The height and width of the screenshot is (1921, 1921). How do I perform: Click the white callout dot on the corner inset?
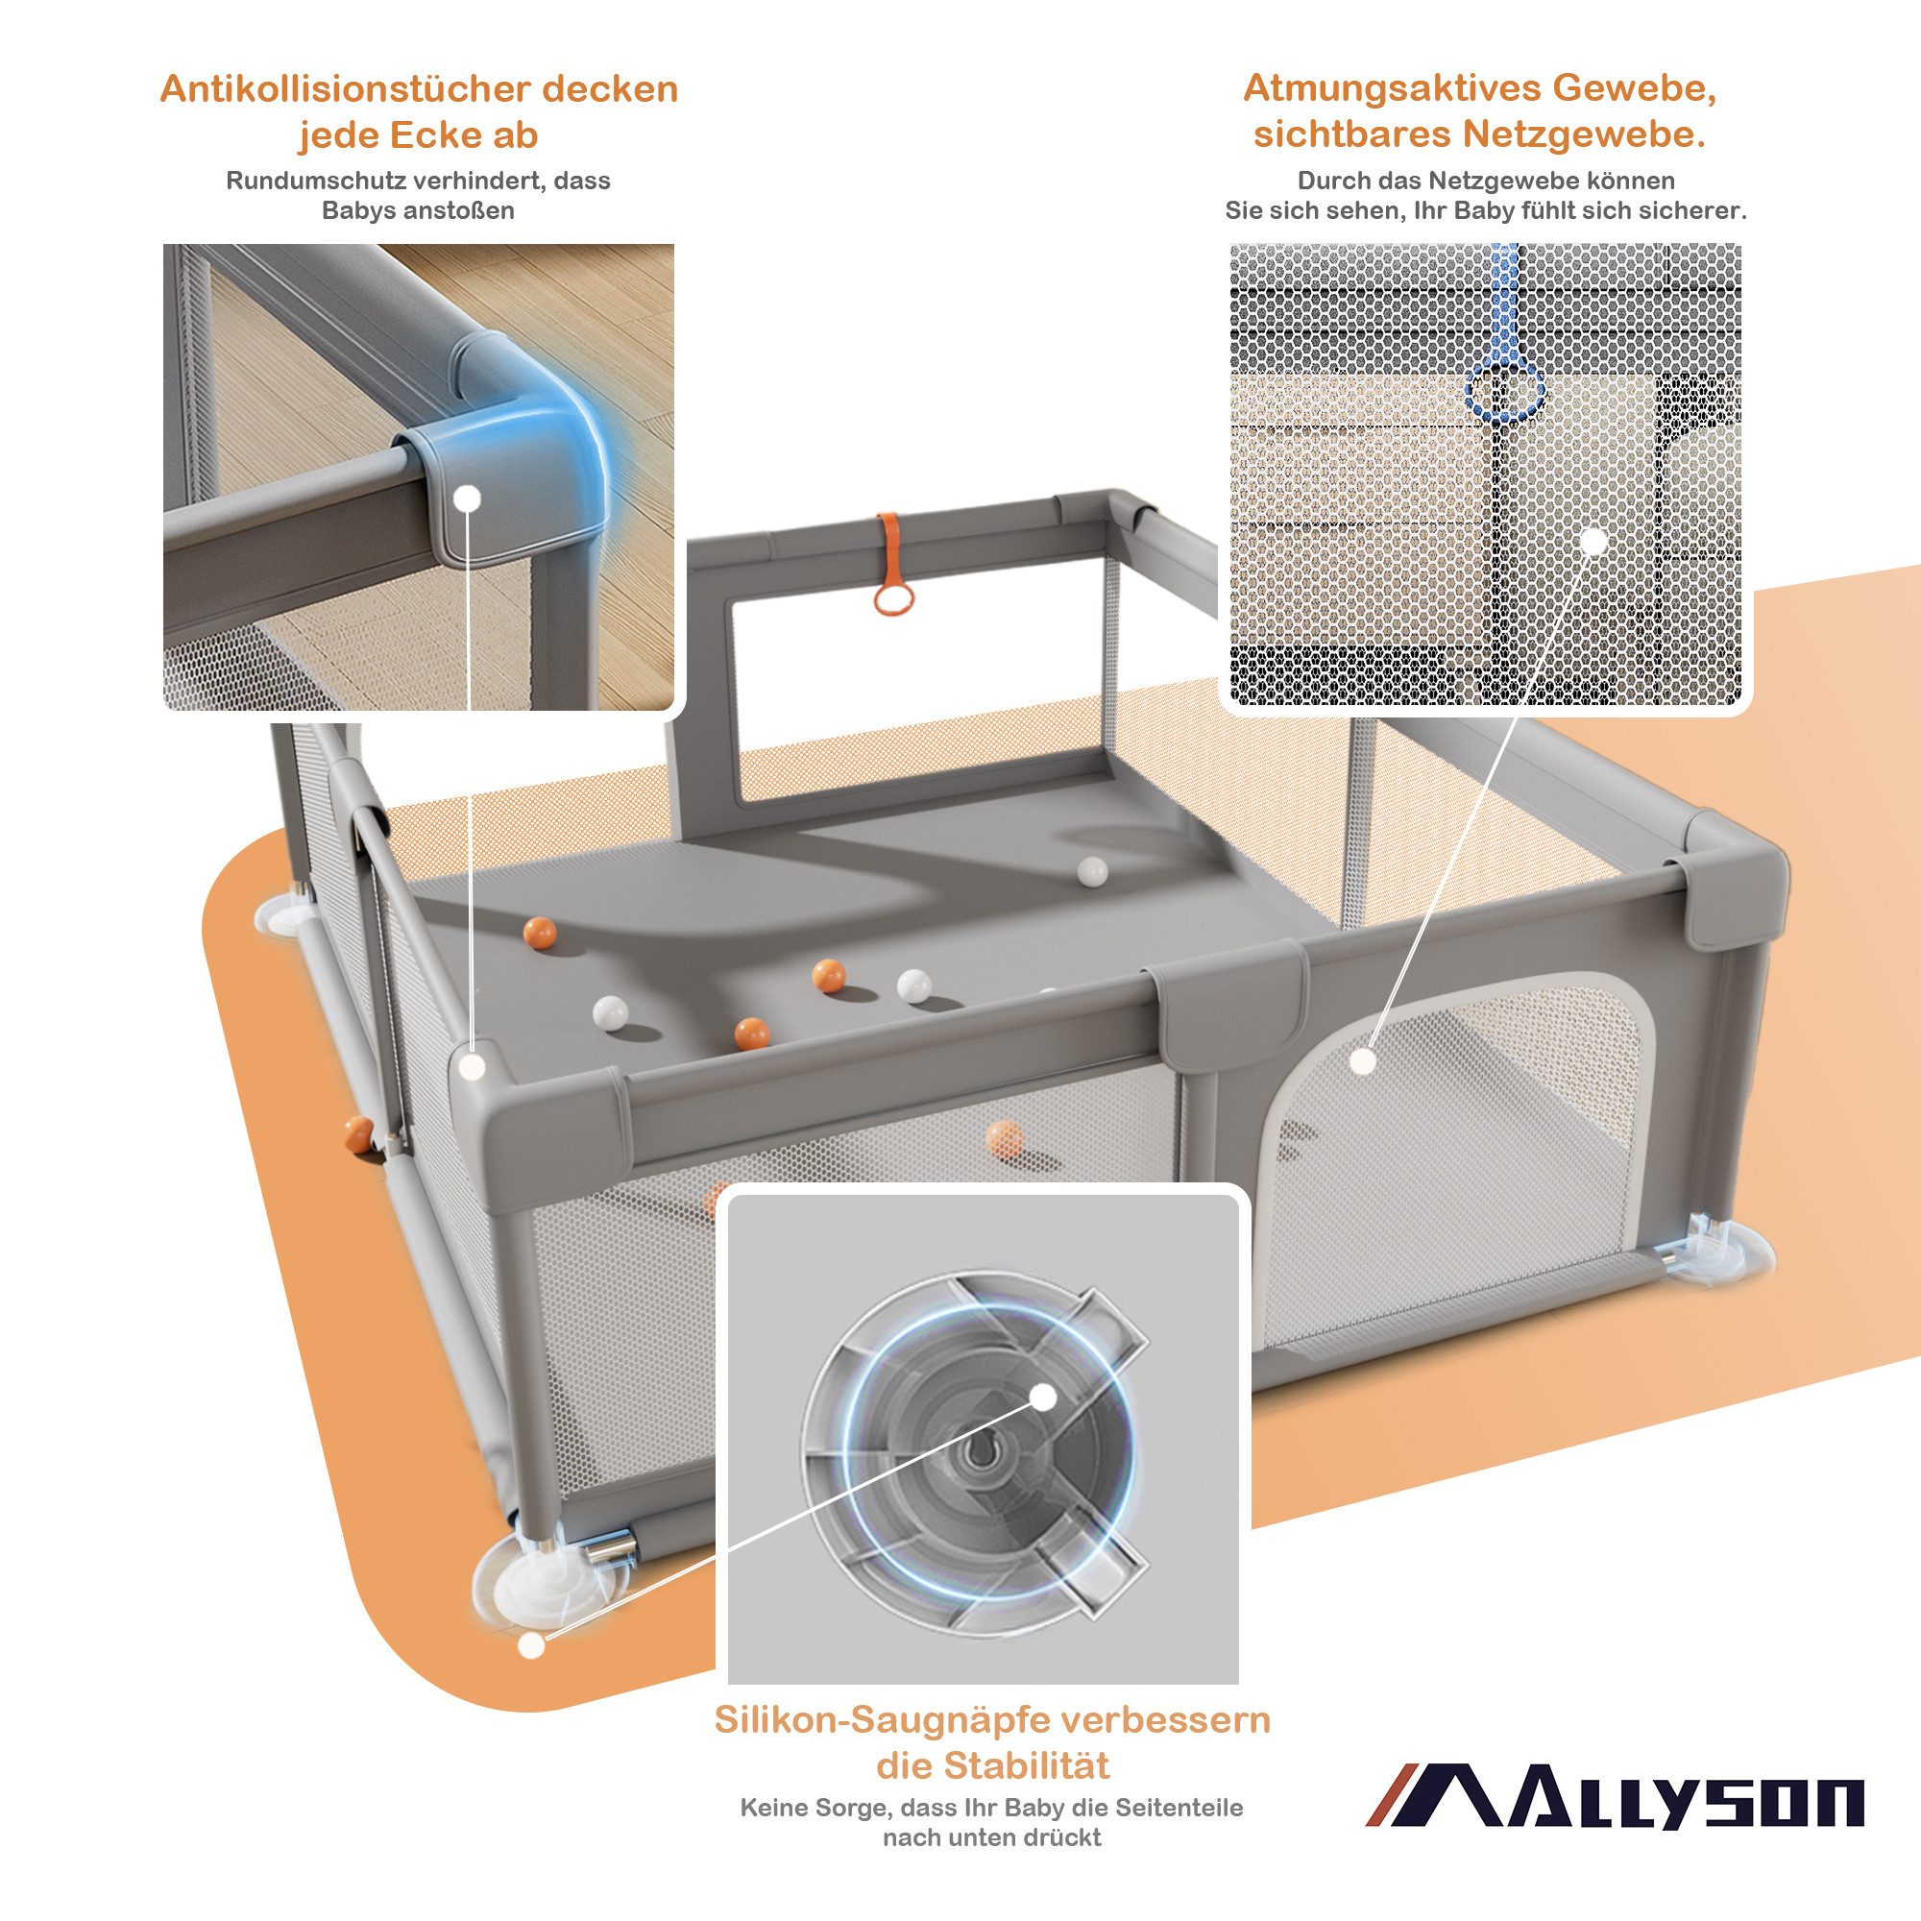(x=468, y=498)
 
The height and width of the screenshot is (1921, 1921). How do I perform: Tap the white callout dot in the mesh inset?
(x=1593, y=542)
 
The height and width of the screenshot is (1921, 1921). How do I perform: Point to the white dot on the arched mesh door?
(x=1364, y=1062)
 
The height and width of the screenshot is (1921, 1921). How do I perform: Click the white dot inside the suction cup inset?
(x=1043, y=1397)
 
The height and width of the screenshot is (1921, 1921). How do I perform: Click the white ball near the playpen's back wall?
(x=1092, y=871)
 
